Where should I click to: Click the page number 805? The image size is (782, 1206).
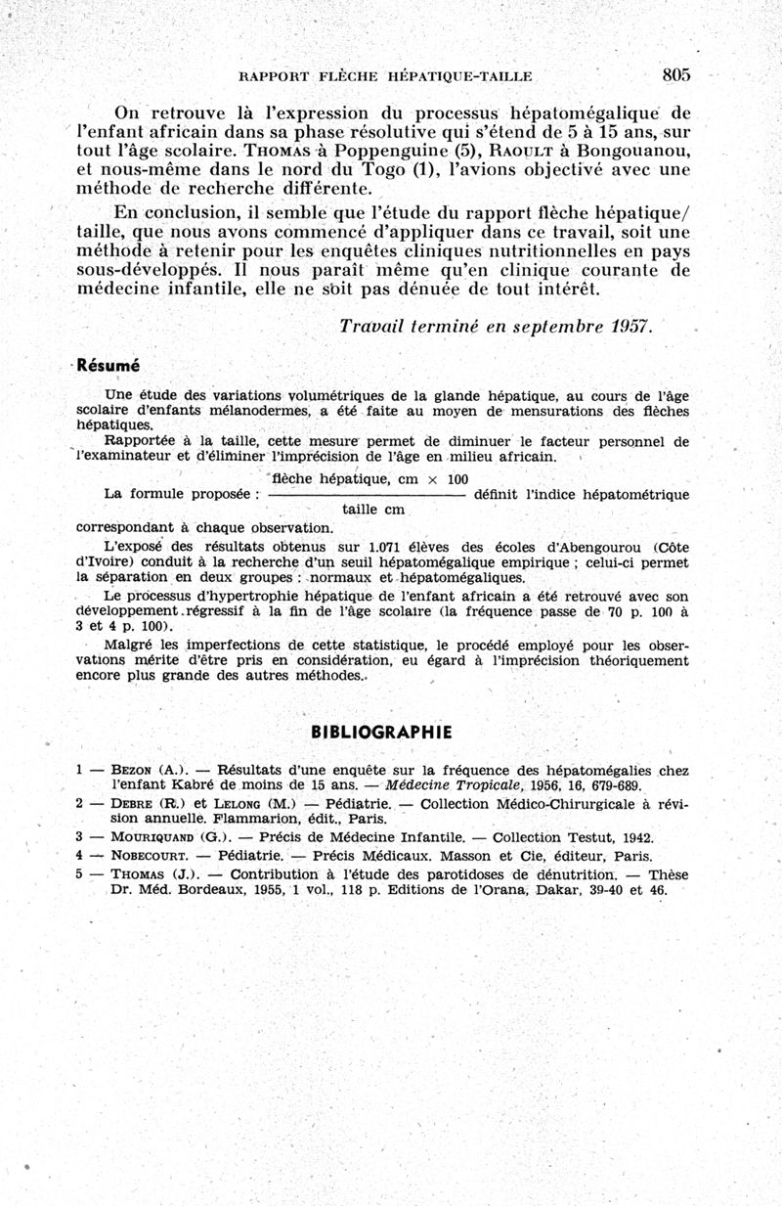(675, 74)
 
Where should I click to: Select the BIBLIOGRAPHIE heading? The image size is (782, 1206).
(381, 732)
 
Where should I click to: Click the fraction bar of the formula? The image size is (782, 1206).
(366, 496)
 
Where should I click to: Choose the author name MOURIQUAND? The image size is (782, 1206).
(153, 837)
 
